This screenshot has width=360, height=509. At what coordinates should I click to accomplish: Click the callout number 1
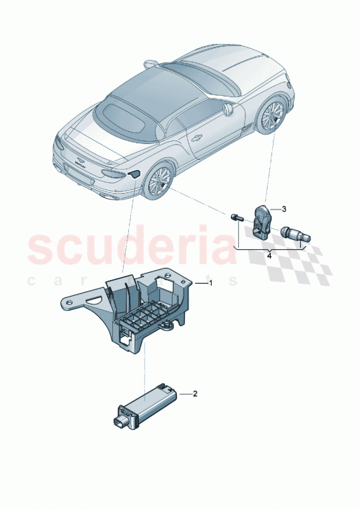[211, 284]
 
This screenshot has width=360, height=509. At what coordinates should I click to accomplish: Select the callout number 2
[194, 394]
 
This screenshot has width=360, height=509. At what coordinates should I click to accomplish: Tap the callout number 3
[284, 210]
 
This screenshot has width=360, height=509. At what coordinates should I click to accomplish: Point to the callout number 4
[269, 254]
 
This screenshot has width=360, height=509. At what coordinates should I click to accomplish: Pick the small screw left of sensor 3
[235, 216]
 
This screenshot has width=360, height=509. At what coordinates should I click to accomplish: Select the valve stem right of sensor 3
[295, 233]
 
